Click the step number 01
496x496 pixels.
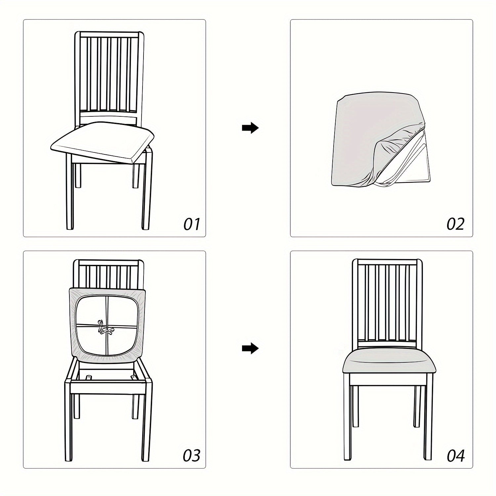click(x=192, y=224)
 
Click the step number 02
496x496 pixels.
click(x=455, y=224)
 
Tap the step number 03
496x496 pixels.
click(x=192, y=455)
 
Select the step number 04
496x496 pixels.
click(x=455, y=455)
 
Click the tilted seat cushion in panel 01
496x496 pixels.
click(x=103, y=141)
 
